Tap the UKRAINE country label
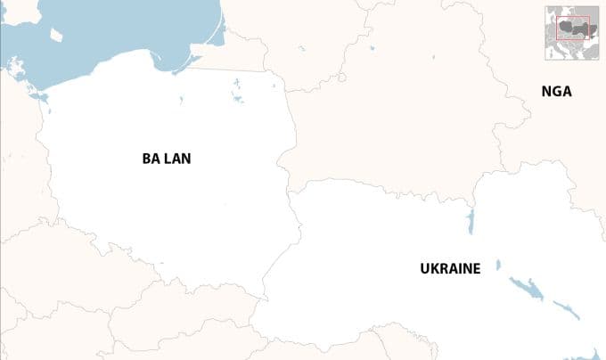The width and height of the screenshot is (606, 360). tap(450, 267)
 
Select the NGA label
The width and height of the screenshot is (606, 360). tap(556, 91)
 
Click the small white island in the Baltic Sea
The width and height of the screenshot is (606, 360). tap(56, 35)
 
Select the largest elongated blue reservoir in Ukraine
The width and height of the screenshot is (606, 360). tap(526, 287)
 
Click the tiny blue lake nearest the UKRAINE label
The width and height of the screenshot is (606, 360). tap(498, 265)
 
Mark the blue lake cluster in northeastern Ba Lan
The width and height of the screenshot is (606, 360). tap(237, 90)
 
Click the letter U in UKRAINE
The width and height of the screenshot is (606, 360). tap(424, 267)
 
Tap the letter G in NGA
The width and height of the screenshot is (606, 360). tap(556, 91)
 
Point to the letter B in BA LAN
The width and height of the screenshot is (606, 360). tap(146, 159)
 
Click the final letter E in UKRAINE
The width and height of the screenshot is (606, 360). tap(477, 267)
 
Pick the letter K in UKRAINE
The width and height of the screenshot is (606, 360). tap(434, 267)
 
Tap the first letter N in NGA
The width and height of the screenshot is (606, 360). tap(546, 91)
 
